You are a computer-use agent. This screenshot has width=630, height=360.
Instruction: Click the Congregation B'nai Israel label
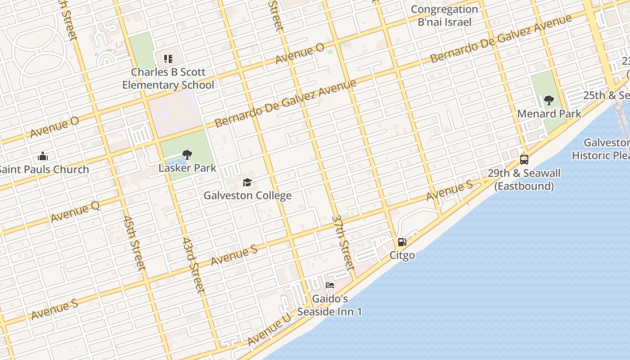tap(444, 16)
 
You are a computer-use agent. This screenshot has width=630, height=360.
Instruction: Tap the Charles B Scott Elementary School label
tap(168, 78)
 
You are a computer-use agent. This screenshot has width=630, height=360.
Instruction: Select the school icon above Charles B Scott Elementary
tap(168, 58)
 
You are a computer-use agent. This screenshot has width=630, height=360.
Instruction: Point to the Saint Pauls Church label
tap(44, 170)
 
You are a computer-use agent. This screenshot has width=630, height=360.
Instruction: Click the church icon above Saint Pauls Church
tap(43, 157)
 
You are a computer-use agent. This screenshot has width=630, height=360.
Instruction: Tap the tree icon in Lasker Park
tap(187, 155)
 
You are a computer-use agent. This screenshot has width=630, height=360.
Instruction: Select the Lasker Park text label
tap(187, 168)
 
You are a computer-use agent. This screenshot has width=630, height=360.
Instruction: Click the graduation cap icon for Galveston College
tap(247, 182)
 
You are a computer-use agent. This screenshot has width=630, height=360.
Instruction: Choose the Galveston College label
tap(247, 195)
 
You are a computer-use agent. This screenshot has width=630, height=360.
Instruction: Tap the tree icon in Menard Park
tap(549, 100)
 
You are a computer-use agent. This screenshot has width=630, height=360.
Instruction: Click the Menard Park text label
tap(549, 113)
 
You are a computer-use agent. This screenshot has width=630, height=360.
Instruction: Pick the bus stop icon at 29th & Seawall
tap(524, 160)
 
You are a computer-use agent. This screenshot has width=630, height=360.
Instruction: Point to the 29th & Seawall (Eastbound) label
tap(524, 180)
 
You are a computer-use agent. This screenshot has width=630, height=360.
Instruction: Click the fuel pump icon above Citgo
tap(402, 242)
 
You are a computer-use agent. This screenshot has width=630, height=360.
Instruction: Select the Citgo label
tap(402, 255)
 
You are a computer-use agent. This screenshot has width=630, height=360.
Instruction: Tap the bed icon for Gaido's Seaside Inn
tap(330, 285)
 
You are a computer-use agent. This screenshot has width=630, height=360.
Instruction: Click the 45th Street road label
tap(134, 243)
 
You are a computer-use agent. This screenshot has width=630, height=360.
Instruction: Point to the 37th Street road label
tap(342, 242)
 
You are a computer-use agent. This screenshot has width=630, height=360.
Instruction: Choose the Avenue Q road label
tap(75, 211)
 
